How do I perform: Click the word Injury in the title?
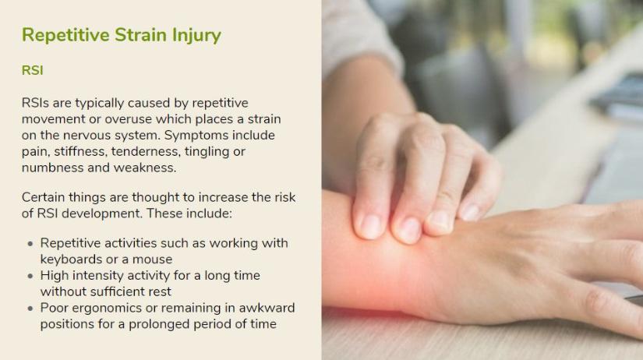tap(196, 36)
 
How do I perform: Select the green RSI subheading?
tap(33, 71)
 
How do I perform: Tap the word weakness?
tap(145, 168)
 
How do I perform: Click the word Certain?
tap(43, 197)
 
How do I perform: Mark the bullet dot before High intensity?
tap(30, 276)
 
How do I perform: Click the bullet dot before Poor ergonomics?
tap(30, 309)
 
